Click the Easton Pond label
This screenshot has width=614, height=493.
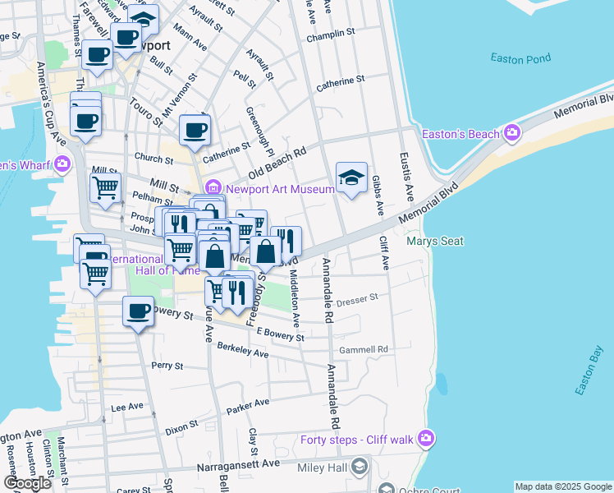[518, 58]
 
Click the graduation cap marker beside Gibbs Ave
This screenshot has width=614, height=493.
[351, 177]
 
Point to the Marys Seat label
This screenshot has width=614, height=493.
[435, 241]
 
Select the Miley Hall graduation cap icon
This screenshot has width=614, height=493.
[359, 467]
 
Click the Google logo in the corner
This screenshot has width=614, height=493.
[28, 483]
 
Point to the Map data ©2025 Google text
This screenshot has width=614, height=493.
[562, 486]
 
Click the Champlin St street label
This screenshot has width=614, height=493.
[330, 35]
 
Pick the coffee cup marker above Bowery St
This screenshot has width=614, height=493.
[137, 312]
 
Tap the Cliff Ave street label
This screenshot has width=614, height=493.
[383, 252]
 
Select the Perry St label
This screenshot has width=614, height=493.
[167, 364]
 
